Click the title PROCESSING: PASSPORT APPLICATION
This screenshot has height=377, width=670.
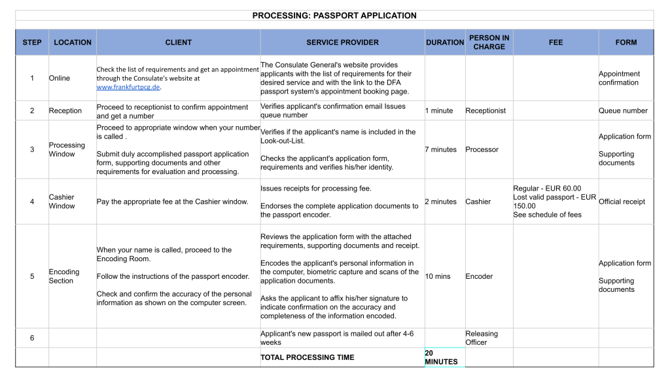[334, 16]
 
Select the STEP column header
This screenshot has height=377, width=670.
[32, 43]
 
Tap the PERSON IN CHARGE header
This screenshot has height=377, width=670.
[489, 43]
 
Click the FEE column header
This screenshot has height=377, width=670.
[555, 43]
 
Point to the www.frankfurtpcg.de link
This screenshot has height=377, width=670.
[128, 87]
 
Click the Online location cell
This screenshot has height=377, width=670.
[60, 79]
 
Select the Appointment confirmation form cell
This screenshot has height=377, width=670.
[619, 79]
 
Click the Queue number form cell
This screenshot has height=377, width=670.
[623, 111]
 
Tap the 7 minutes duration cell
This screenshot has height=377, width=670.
[441, 150]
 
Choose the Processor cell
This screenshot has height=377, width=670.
[482, 150]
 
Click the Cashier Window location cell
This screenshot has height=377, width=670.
[62, 202]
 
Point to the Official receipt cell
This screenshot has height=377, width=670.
[622, 202]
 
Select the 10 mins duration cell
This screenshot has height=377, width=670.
[438, 276]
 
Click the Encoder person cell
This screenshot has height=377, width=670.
[479, 276]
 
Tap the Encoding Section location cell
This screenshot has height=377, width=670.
[64, 276]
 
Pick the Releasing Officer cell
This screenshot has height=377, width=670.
[482, 338]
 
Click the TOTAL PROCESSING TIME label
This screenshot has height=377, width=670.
[308, 357]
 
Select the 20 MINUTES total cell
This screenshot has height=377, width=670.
[441, 357]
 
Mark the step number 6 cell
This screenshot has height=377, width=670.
[32, 338]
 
